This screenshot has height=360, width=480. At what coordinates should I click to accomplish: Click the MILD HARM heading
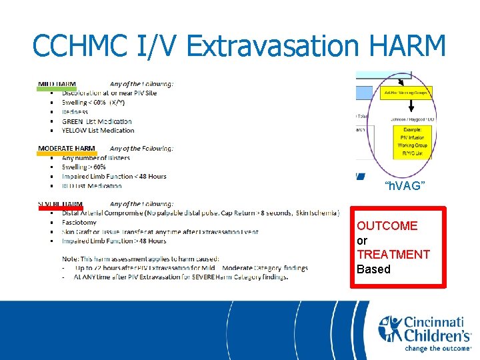point(57,84)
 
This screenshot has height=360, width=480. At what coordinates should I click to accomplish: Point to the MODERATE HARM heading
point(67,148)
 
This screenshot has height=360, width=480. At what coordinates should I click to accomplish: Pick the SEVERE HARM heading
point(61,204)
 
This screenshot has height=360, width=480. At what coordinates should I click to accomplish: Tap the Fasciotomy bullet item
point(79,222)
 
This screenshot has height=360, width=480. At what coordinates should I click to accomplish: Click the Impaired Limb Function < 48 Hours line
point(114,176)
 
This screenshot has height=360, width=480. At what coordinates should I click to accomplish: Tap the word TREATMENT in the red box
point(393,255)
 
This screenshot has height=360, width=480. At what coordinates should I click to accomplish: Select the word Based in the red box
point(373,269)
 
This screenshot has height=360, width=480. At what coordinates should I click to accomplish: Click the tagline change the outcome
point(437,347)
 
